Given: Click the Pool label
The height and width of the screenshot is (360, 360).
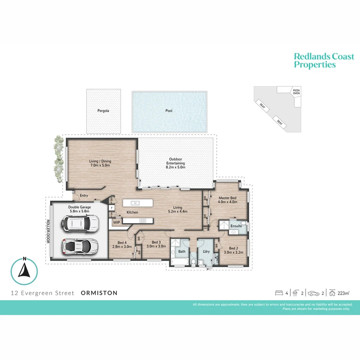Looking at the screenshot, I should click(169, 111).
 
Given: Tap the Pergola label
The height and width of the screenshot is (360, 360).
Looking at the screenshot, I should click(103, 111).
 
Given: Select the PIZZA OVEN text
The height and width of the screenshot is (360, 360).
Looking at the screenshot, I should click(296, 92).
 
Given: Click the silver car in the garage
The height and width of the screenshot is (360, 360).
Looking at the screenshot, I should click(80, 246).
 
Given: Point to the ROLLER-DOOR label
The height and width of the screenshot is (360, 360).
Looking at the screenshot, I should click(48, 231).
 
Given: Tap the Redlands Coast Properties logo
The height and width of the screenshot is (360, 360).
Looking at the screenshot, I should click(324, 60).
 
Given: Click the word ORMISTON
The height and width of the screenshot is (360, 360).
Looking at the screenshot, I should click(99, 293).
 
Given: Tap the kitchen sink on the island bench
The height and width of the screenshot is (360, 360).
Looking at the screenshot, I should click(135, 203).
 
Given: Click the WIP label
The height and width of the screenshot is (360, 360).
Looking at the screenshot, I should click(117, 222).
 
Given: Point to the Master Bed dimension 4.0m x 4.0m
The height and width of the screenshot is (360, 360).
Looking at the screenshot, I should click(228, 202).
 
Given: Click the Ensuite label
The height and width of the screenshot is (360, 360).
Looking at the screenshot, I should click(236, 226).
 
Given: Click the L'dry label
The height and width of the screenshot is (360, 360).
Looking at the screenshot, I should click(206, 251).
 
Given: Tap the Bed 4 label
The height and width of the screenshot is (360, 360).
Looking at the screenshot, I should click(122, 242).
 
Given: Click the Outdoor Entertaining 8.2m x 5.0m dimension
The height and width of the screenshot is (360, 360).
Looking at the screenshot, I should click(175, 168).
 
